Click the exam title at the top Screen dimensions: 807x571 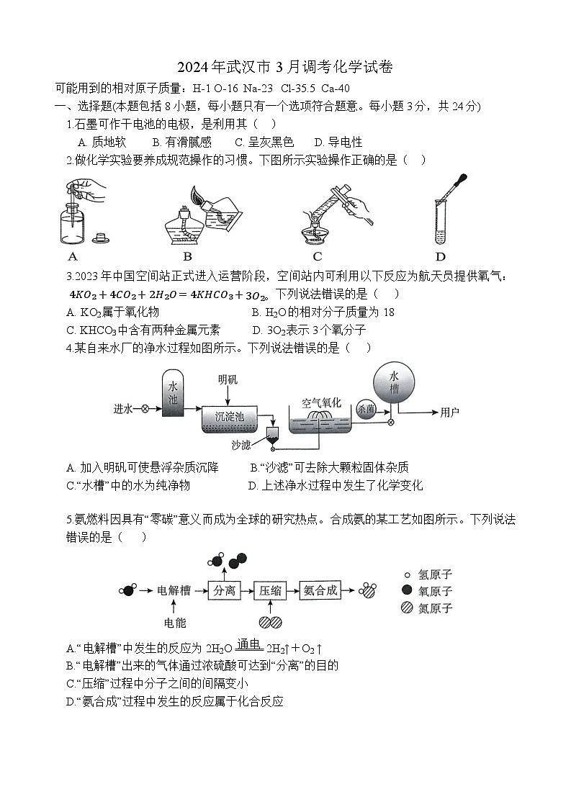pos(285,67)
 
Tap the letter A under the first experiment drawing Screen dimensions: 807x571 pos(72,256)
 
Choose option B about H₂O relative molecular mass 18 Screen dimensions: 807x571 pos(323,312)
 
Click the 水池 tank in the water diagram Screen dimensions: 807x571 pos(173,394)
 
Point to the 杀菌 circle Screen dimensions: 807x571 pos(365,408)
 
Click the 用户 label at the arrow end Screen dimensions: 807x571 pos(450,412)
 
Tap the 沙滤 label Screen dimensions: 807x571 pos(243,445)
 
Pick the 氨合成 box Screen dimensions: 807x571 pos(320,591)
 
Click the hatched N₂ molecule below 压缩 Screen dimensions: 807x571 pos(271,623)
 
